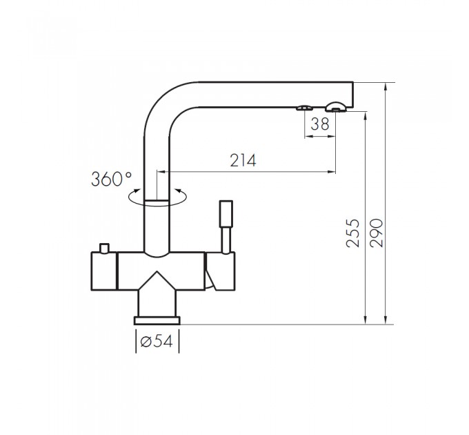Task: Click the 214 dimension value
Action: click(243, 160)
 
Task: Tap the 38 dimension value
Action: click(320, 124)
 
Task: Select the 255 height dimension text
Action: click(352, 233)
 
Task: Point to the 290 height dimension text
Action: click(376, 233)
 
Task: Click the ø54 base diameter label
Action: click(157, 341)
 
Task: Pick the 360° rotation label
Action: click(111, 180)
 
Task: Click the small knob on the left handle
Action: click(104, 248)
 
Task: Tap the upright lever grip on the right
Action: click(226, 214)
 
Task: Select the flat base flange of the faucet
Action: click(157, 320)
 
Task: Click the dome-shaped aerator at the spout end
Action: click(336, 106)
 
